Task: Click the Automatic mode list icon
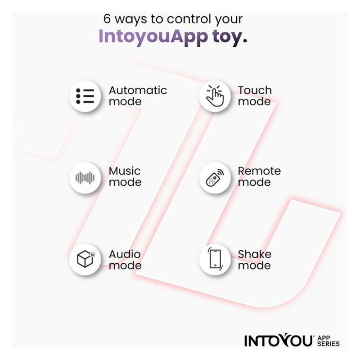point(85,96)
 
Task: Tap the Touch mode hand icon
point(215,96)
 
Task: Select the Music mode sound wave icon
point(85,178)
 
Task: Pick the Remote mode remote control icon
point(215,178)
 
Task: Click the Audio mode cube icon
point(85,259)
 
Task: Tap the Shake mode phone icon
point(215,258)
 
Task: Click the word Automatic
point(138,90)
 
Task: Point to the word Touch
point(255,90)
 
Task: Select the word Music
point(125,171)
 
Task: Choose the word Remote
point(259,171)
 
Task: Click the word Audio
point(125,254)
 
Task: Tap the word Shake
point(255,254)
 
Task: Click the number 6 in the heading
point(107,18)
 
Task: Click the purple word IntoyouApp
point(153,37)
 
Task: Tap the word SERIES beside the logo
point(328,344)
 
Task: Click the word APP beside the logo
point(324,338)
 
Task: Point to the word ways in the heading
point(131,19)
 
